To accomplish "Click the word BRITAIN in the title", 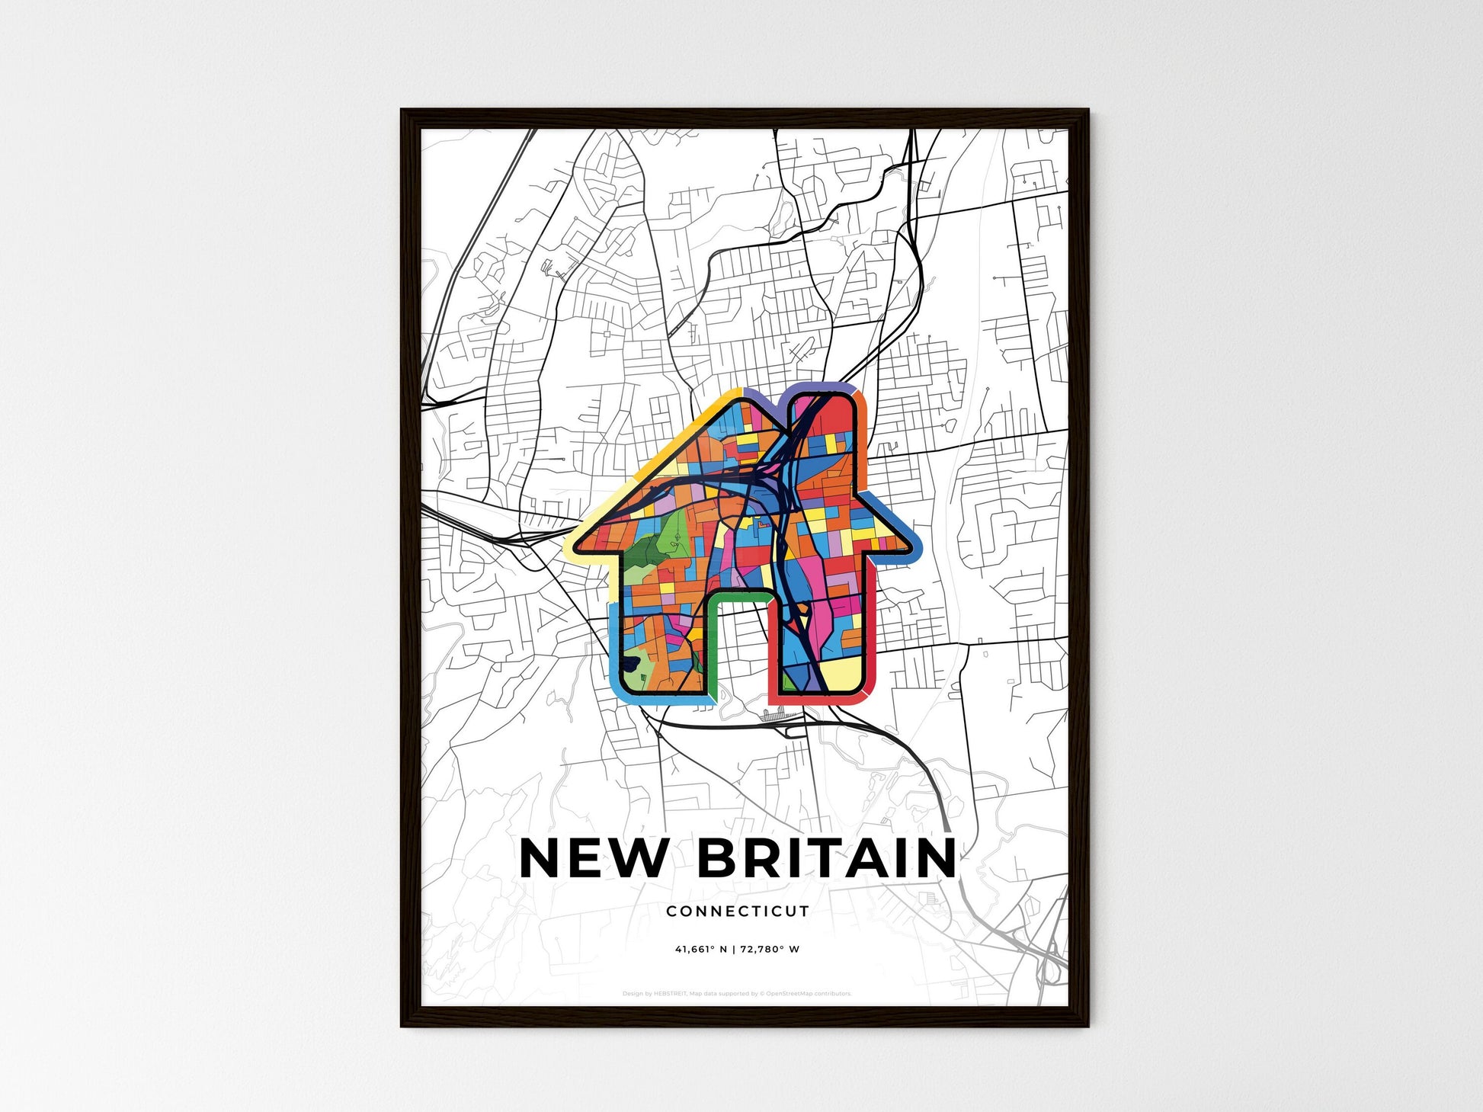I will tap(826, 858).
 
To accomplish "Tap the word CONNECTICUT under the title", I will tap(738, 911).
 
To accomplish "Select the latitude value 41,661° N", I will tap(700, 950).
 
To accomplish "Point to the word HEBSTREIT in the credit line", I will tap(671, 994).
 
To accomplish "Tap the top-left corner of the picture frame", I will tap(402, 111).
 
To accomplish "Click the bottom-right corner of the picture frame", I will tap(1087, 1025).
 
